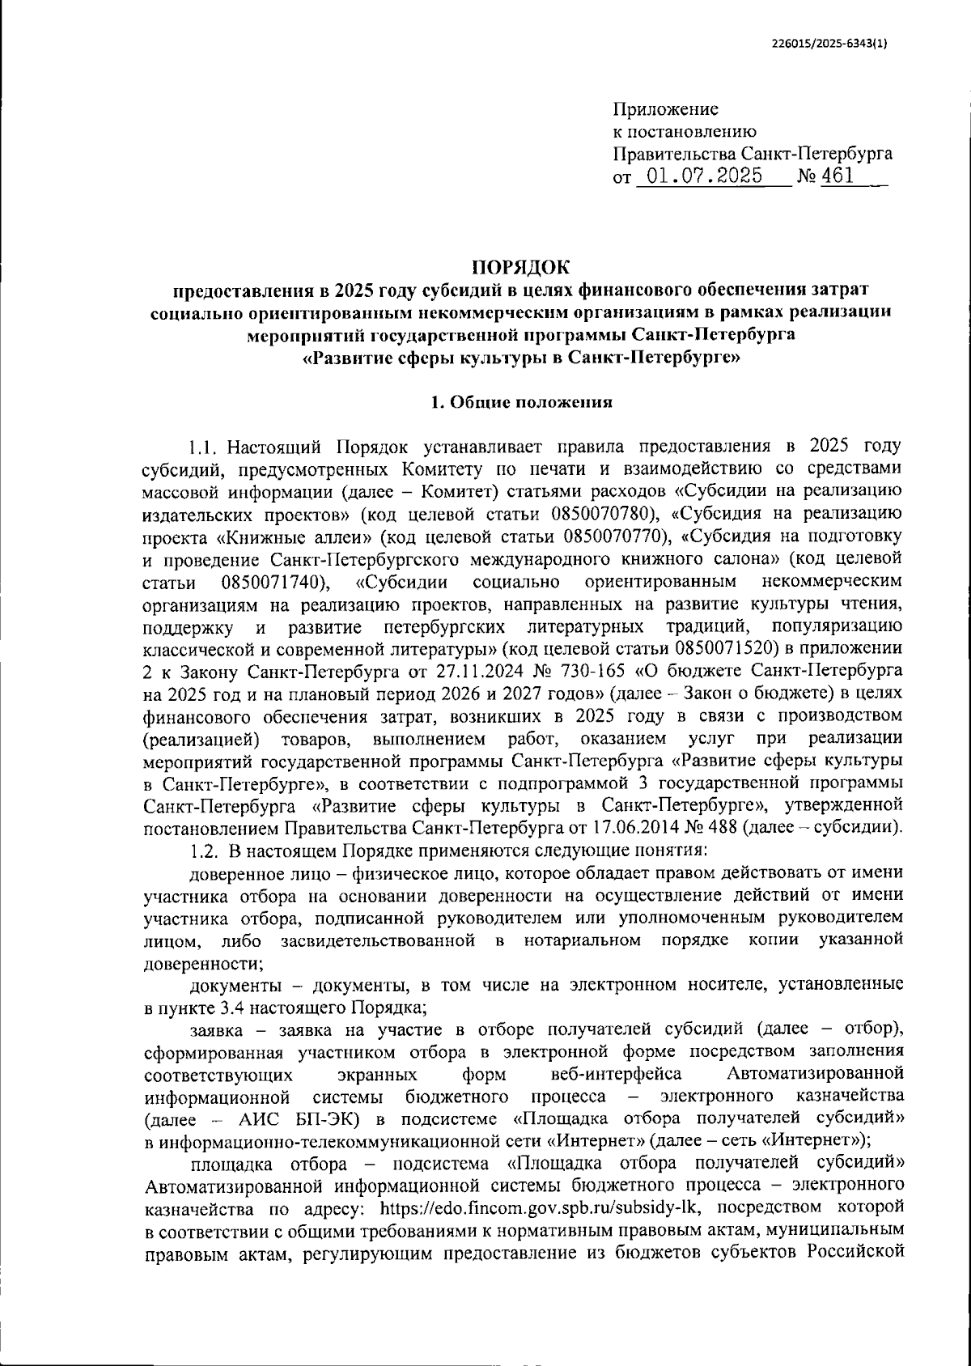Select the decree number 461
pyautogui.click(x=837, y=176)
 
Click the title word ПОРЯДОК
pyautogui.click(x=520, y=266)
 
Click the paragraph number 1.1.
pyautogui.click(x=204, y=447)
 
